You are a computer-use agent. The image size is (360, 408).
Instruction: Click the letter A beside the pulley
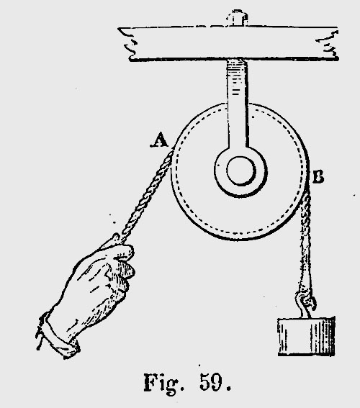(160, 140)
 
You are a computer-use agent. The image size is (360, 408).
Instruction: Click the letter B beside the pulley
(318, 176)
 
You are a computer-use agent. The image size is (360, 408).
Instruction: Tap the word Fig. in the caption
(164, 384)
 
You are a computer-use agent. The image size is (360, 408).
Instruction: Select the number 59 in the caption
(212, 382)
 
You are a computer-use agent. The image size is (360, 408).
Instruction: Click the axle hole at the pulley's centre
(240, 171)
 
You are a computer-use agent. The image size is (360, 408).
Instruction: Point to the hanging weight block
(307, 337)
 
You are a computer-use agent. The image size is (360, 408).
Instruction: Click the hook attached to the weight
(306, 304)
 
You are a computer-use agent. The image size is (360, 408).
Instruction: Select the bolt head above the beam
(237, 18)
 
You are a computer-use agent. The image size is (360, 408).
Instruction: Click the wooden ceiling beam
(228, 43)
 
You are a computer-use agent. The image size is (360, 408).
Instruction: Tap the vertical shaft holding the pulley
(238, 104)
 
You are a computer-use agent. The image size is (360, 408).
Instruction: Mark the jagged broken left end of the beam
(129, 44)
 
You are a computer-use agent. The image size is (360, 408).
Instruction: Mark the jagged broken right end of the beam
(328, 44)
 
